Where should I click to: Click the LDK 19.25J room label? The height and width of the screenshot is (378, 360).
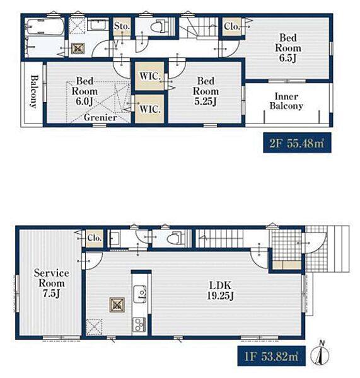tap(220, 290)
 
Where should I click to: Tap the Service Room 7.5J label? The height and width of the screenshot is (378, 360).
tap(52, 283)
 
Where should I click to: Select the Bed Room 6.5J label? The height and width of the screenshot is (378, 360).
tap(288, 48)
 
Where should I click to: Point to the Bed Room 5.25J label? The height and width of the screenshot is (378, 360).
tap(206, 91)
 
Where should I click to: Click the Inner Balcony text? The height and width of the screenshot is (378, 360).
tap(286, 101)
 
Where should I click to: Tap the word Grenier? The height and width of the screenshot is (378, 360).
tap(100, 118)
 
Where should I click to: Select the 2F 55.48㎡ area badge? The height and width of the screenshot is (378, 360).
tap(297, 143)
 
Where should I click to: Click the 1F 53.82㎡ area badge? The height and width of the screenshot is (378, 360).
tap(272, 356)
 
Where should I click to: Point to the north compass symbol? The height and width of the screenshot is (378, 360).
tap(320, 353)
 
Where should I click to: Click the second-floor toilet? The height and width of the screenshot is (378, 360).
tap(159, 26)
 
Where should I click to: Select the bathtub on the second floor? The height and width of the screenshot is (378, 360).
tap(45, 26)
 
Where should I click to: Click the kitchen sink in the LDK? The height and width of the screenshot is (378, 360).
tap(140, 294)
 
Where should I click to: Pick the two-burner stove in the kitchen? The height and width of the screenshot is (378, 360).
tap(140, 325)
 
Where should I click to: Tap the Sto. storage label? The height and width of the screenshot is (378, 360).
tap(122, 26)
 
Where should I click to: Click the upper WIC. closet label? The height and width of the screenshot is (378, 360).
tap(150, 76)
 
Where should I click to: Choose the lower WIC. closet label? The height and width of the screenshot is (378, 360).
tap(150, 109)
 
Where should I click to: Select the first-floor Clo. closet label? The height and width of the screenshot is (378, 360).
tap(95, 238)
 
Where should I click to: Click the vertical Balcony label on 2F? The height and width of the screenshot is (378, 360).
tap(34, 91)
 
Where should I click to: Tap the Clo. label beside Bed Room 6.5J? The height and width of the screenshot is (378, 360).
tap(231, 26)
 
